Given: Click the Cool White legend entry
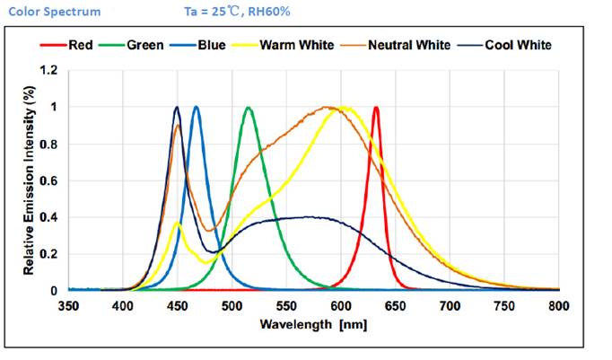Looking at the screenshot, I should pyautogui.click(x=517, y=45).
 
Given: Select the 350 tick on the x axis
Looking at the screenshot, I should pyautogui.click(x=68, y=305).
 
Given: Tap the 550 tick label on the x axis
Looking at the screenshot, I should pyautogui.click(x=286, y=305).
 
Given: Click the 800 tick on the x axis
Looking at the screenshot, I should pyautogui.click(x=558, y=305).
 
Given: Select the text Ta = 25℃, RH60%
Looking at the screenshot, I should pyautogui.click(x=224, y=12).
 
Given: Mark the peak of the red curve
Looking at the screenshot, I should pyautogui.click(x=376, y=107).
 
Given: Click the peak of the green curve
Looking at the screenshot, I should pyautogui.click(x=249, y=107).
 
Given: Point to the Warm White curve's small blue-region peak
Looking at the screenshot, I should pyautogui.click(x=178, y=223).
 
